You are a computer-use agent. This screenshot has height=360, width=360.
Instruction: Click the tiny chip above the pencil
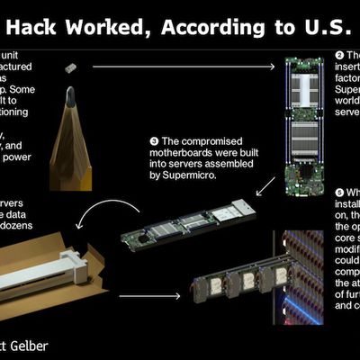pos(69,67)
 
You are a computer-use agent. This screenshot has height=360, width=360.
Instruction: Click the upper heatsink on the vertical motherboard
pos(301,90)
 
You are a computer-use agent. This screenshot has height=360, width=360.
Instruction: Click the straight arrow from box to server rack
pos(149,296)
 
